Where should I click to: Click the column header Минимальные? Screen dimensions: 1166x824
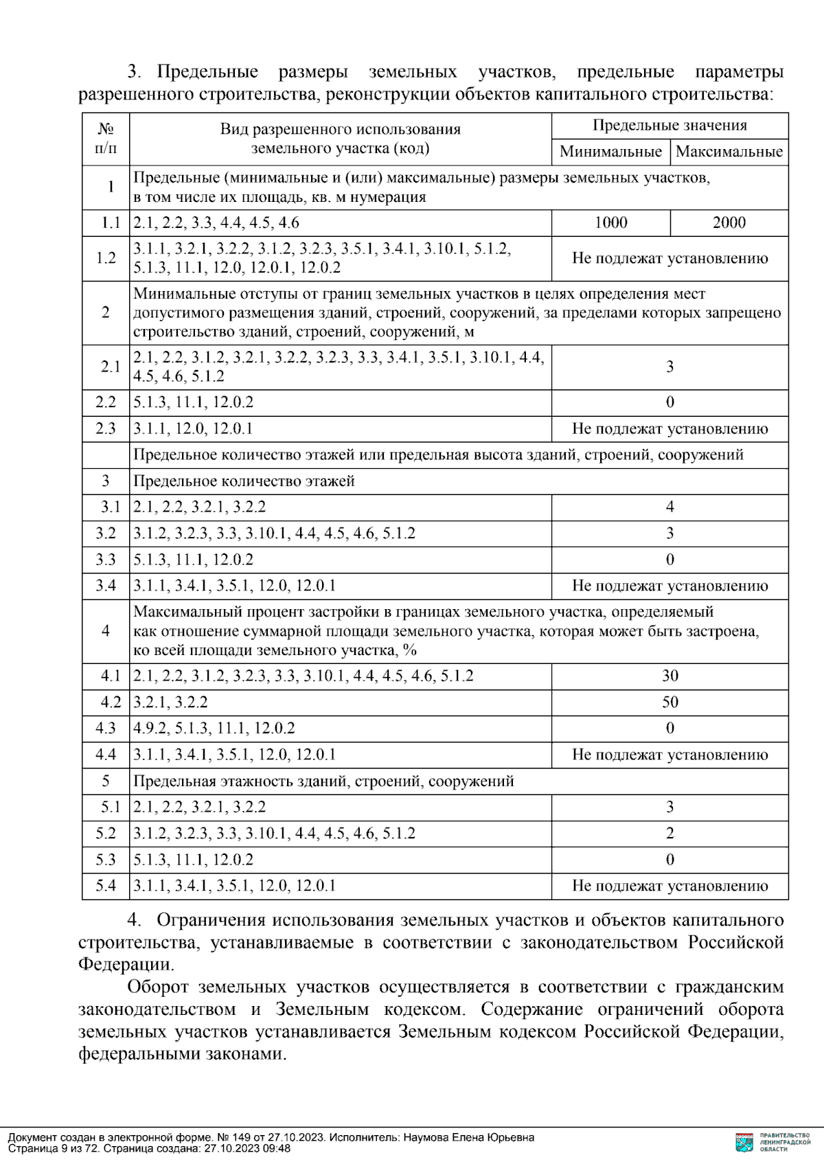[610, 152]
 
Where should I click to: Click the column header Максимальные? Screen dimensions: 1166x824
[729, 152]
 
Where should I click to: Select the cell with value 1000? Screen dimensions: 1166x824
[610, 222]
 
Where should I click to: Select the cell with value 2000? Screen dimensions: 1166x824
[729, 222]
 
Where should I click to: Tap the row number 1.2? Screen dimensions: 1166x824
[106, 258]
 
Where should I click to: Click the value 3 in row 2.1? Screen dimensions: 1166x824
[669, 367]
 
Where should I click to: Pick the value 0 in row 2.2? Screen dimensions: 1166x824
[669, 402]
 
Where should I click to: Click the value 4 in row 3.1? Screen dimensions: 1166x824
[669, 507]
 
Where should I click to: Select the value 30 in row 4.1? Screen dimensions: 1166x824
[669, 676]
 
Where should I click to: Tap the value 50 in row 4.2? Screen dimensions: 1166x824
[669, 702]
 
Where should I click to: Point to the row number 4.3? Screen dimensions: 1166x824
[106, 728]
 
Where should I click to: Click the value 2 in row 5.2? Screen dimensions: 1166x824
[669, 834]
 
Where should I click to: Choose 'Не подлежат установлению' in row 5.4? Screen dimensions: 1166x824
[669, 886]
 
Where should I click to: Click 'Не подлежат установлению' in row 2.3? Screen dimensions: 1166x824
[669, 428]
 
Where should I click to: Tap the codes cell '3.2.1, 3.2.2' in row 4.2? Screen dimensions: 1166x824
[170, 702]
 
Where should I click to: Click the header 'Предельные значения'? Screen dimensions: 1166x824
[669, 125]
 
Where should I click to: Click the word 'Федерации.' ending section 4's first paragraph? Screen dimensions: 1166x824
[126, 964]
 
